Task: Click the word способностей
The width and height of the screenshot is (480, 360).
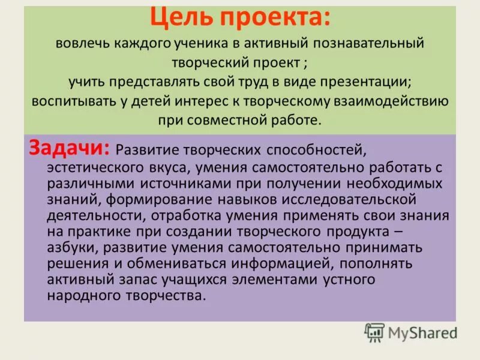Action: click(x=311, y=148)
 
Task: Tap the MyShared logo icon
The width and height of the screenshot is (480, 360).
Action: click(x=374, y=332)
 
